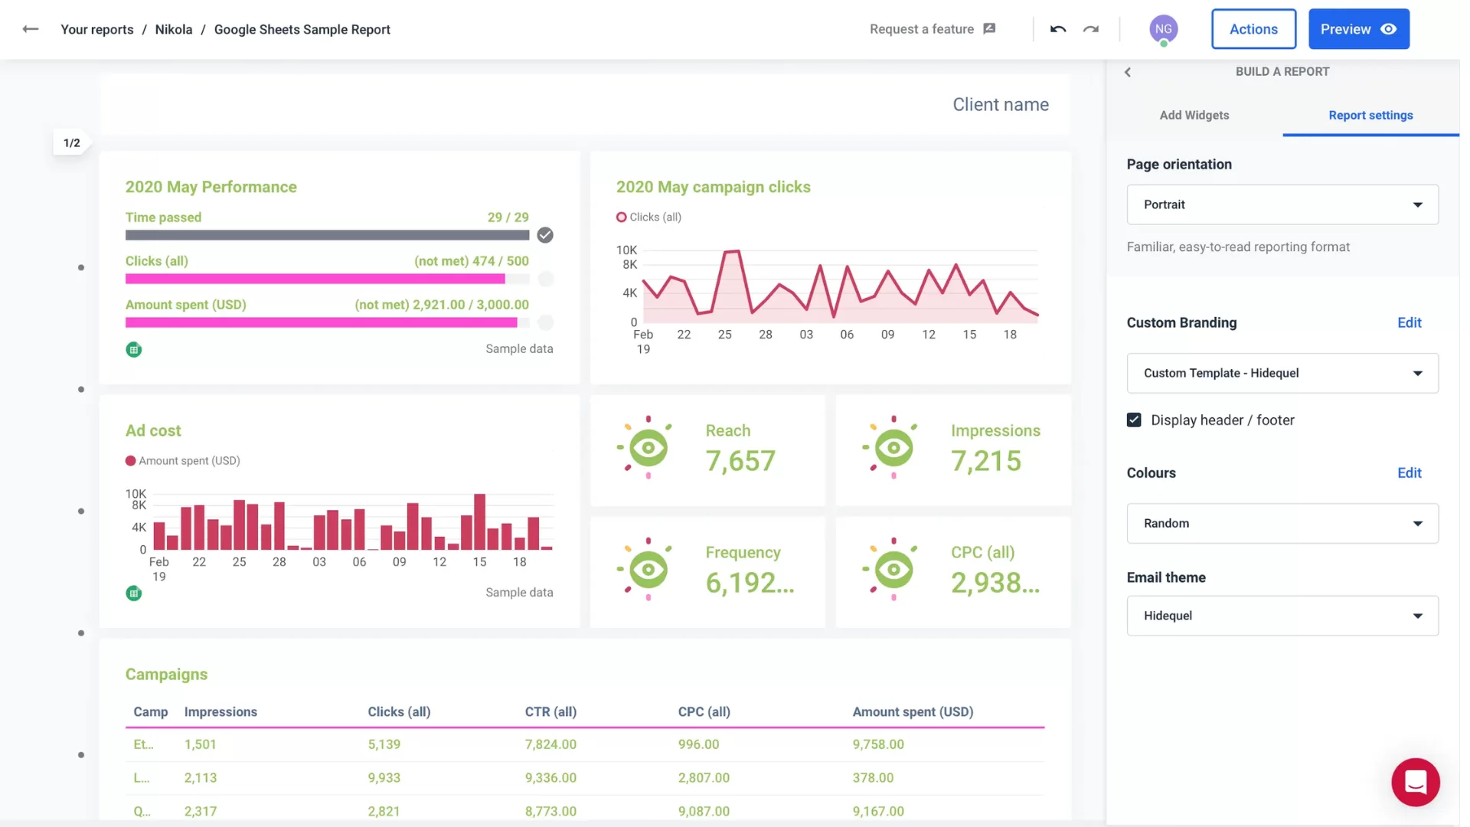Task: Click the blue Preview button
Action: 1358,29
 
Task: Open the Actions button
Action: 1253,29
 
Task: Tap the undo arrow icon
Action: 1058,29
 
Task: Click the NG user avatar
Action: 1163,29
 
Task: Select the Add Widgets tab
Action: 1194,115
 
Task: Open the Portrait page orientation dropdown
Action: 1282,204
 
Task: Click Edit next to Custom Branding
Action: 1409,322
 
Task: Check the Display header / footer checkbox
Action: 1134,420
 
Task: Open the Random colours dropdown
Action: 1282,523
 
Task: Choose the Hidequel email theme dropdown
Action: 1282,616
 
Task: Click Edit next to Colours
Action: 1409,472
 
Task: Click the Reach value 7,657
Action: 740,461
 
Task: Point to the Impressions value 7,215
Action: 985,461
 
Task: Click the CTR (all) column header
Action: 550,711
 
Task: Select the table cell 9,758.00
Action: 878,744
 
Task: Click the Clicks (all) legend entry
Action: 649,217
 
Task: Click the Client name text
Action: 1000,105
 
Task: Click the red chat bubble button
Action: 1415,782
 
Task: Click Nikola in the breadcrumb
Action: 174,29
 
